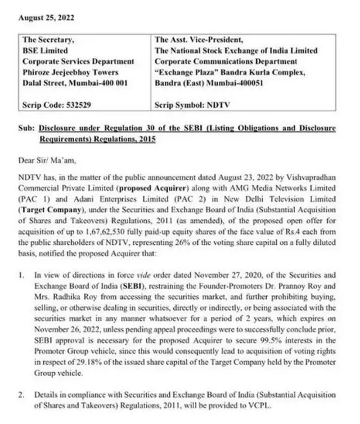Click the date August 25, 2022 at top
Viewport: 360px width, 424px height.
[x=46, y=17]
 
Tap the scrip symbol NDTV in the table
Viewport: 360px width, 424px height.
[x=219, y=105]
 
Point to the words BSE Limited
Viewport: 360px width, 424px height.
[x=45, y=51]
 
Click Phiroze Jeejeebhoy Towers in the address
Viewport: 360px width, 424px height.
[x=70, y=72]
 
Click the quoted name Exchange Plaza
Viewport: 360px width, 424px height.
[x=183, y=72]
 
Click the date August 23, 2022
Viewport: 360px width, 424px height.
[x=255, y=178]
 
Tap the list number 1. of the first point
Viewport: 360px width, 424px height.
[x=21, y=276]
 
